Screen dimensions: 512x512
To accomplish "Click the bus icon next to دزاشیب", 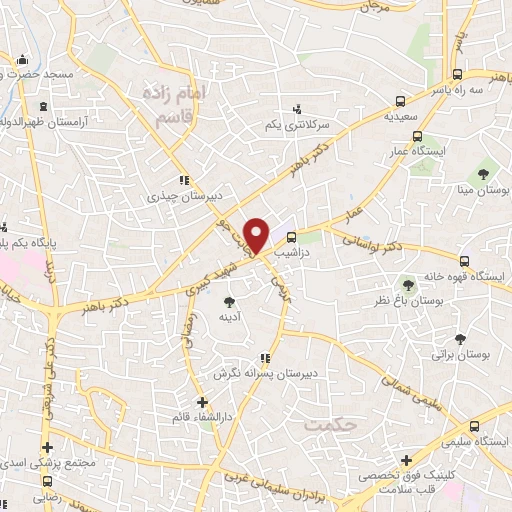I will [291, 237].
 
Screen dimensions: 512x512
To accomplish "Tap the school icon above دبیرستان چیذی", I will [182, 181].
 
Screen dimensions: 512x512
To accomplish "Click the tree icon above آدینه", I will [230, 300].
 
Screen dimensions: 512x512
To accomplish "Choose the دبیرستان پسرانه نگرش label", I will [264, 373].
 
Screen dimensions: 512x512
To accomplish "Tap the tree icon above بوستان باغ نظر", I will [406, 284].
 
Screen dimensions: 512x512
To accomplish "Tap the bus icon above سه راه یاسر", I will [457, 74].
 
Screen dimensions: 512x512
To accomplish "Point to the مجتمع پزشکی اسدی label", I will [47, 462].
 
